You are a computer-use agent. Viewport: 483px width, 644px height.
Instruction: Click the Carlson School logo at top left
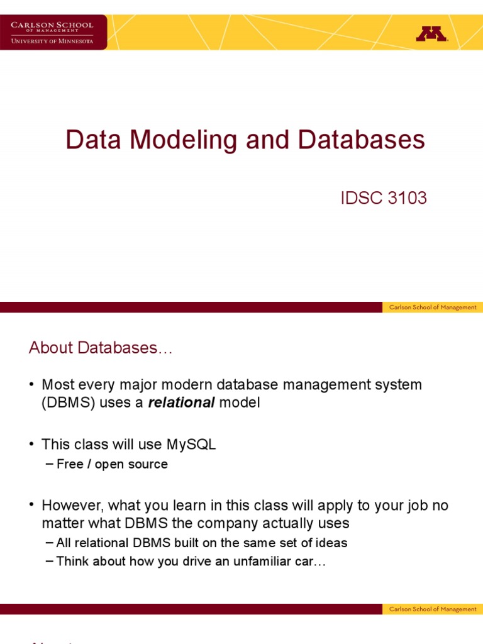[53, 32]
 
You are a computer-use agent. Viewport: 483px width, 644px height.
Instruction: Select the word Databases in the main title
[362, 140]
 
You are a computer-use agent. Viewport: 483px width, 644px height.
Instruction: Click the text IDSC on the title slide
[361, 198]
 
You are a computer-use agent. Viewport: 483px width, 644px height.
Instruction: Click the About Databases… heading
[100, 348]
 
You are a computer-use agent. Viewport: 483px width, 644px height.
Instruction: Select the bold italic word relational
[181, 403]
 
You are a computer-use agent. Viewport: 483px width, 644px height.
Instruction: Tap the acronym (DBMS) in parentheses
[69, 403]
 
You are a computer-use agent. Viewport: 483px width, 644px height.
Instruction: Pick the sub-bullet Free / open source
[112, 464]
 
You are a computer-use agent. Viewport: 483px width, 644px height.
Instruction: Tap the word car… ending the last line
[308, 562]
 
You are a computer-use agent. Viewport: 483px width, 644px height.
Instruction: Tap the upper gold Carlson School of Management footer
[432, 308]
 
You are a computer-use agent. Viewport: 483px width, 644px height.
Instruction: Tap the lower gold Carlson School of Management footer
[432, 609]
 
